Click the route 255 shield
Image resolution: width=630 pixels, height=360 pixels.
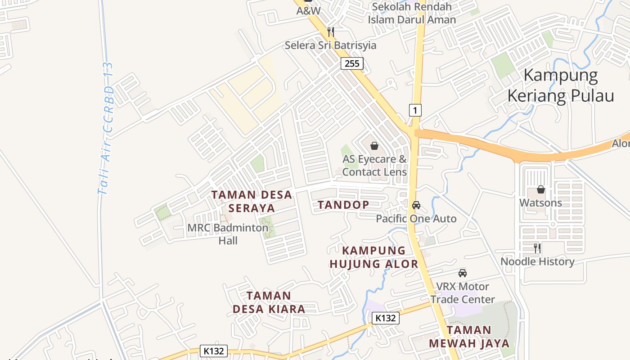352,63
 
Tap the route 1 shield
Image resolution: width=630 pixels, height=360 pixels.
415,110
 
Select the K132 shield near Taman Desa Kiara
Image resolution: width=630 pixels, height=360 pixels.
386,318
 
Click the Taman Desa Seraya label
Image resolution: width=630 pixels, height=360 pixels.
252,201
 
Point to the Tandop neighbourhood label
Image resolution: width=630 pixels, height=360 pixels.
343,205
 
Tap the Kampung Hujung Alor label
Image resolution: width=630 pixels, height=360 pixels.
374,257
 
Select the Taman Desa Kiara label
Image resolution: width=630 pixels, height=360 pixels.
269,302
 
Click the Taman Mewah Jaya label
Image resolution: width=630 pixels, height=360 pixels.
469,337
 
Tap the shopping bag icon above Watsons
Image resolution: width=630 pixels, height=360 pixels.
541,190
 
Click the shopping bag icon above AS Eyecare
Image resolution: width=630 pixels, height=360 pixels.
374,146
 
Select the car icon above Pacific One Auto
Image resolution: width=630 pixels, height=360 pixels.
416,205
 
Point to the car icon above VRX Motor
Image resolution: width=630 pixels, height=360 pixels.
463,273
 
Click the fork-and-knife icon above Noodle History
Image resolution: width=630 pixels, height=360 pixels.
537,248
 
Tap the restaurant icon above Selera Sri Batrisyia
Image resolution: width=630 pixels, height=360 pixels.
331,31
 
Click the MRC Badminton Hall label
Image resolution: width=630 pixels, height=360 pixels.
228,234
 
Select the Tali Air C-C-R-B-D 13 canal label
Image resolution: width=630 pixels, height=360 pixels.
107,128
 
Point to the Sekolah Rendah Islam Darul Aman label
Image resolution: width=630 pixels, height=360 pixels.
412,13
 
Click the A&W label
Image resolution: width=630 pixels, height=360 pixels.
308,11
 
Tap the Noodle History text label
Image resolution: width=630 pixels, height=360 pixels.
537,261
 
